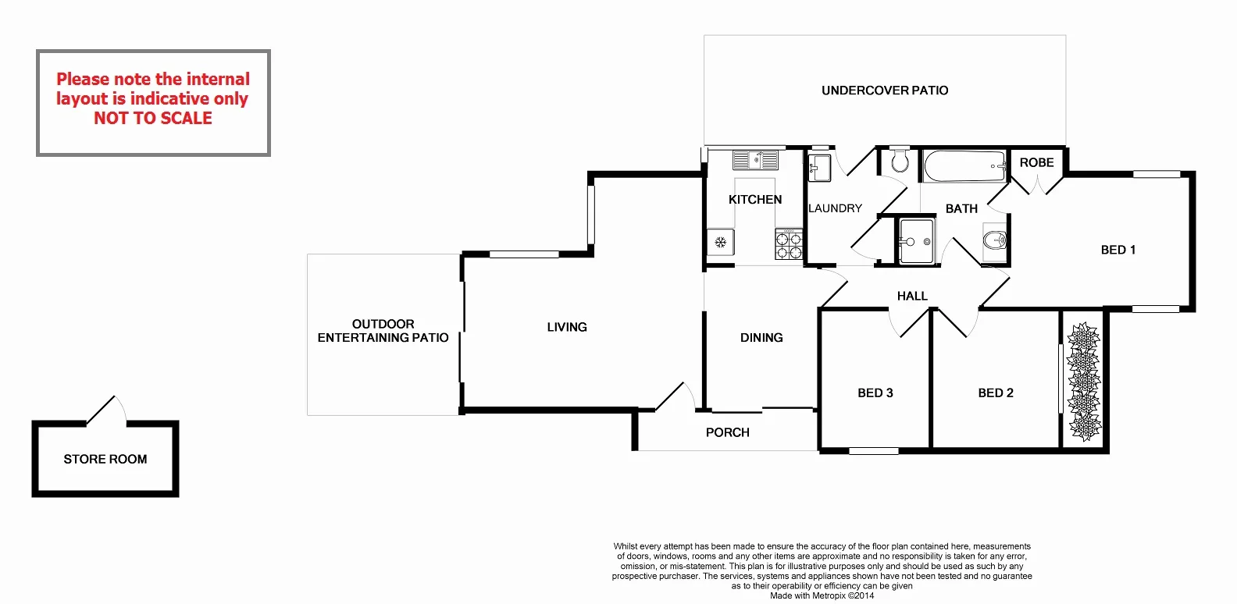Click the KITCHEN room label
click(x=754, y=200)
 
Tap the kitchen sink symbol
click(x=755, y=161)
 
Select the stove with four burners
click(x=789, y=244)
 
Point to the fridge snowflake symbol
click(x=720, y=243)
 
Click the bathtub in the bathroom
click(x=964, y=166)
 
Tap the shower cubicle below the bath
click(x=915, y=242)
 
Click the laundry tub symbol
click(x=819, y=168)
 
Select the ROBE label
click(x=1036, y=162)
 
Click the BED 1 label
click(x=1118, y=250)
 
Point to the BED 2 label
click(x=995, y=393)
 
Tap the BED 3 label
click(x=875, y=393)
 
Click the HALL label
click(x=912, y=297)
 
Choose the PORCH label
click(x=727, y=432)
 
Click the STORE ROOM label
click(x=105, y=460)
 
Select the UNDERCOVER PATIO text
click(x=885, y=91)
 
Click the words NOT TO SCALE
click(x=153, y=119)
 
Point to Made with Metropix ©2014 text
click(x=822, y=595)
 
